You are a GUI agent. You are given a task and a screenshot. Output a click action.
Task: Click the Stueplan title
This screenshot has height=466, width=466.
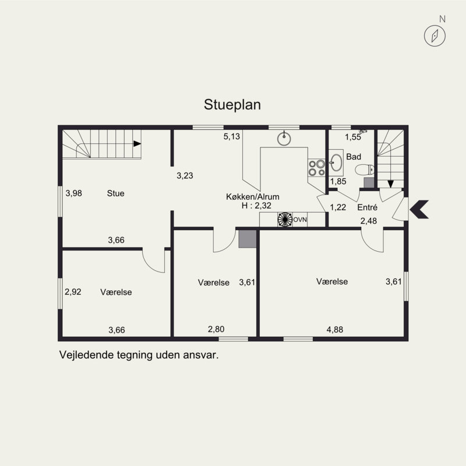pos(232,105)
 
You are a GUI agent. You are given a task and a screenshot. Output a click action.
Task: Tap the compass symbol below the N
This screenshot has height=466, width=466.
pos(435,36)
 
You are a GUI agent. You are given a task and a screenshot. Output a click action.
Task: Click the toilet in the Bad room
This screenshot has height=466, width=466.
pos(365,170)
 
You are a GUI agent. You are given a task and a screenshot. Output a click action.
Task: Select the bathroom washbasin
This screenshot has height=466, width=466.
pos(336,163)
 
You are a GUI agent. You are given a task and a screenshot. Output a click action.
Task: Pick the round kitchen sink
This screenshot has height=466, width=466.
pos(284,139)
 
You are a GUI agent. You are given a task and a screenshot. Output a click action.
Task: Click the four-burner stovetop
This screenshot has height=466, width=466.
pos(316,168)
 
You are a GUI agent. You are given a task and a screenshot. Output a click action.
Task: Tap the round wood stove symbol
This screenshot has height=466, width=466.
pos(285,220)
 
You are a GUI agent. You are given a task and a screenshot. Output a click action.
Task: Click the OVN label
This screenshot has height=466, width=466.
pos(300,220)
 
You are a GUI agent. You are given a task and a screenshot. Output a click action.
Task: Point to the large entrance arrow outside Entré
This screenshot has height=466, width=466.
pos(419,209)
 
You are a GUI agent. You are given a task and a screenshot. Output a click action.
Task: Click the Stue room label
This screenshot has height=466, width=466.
pos(115,193)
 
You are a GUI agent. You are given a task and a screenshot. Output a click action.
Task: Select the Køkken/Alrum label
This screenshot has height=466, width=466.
pos(253,197)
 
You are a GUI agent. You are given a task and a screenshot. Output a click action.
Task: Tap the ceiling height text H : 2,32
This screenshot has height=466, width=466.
pos(256,206)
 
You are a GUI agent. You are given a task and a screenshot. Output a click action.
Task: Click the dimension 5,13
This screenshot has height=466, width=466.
pos(231,137)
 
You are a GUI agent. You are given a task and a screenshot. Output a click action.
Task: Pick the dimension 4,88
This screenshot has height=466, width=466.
pos(334,330)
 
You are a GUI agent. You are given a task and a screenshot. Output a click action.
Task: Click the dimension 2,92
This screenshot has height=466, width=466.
pos(73,292)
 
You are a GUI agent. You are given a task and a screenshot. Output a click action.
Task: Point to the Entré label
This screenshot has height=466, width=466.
pos(368,207)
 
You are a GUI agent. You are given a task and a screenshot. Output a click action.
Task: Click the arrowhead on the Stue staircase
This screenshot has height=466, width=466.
pos(137,144)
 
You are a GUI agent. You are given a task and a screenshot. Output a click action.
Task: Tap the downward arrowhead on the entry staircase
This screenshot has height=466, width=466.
pos(390,184)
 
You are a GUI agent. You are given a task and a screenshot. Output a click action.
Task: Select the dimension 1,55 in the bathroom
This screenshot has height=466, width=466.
pos(353,137)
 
